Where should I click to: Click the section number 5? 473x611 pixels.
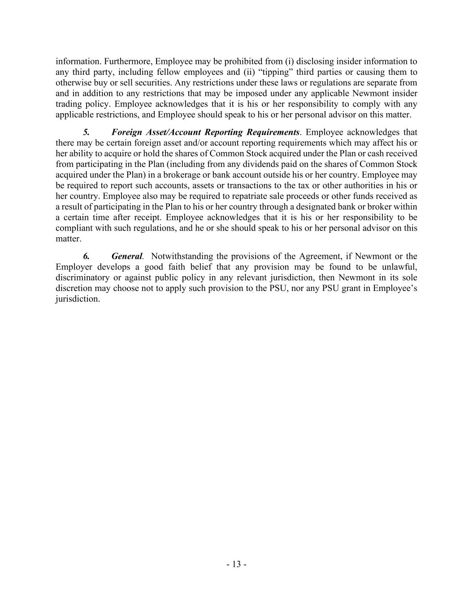86,132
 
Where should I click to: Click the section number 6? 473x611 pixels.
86,256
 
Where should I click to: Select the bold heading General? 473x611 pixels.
127,256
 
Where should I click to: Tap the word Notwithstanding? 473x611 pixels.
182,256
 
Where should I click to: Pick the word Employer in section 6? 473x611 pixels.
74,267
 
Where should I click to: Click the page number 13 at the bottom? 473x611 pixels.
236,564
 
